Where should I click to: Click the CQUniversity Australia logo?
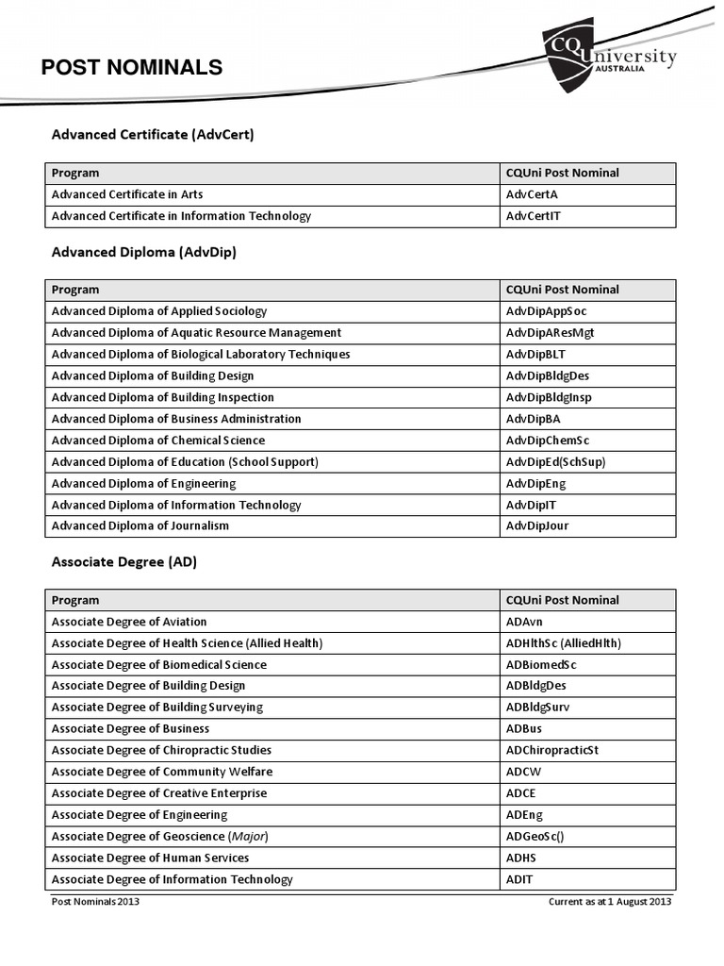point(609,58)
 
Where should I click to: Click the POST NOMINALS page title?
point(132,67)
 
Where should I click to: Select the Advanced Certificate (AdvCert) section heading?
point(153,135)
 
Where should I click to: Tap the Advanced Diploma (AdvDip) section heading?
point(144,252)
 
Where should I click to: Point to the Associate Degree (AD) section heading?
point(123,562)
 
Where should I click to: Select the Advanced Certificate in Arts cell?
point(127,194)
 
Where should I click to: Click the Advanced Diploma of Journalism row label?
point(140,526)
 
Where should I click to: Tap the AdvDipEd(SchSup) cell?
point(555,462)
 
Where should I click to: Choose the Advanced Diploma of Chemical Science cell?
point(158,441)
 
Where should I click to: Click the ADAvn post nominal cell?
point(524,622)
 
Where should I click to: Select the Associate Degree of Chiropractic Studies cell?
point(161,751)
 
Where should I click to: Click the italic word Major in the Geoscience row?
point(241,837)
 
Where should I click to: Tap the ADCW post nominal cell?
point(523,772)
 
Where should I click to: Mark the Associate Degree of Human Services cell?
point(150,858)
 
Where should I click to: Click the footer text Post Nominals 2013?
point(95,901)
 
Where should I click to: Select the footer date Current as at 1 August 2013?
point(610,901)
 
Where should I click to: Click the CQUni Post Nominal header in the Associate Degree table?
point(562,600)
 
